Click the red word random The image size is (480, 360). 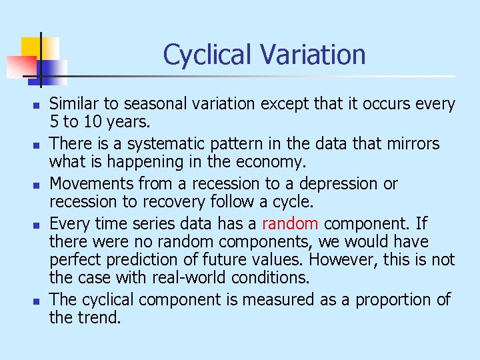tap(290, 223)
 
